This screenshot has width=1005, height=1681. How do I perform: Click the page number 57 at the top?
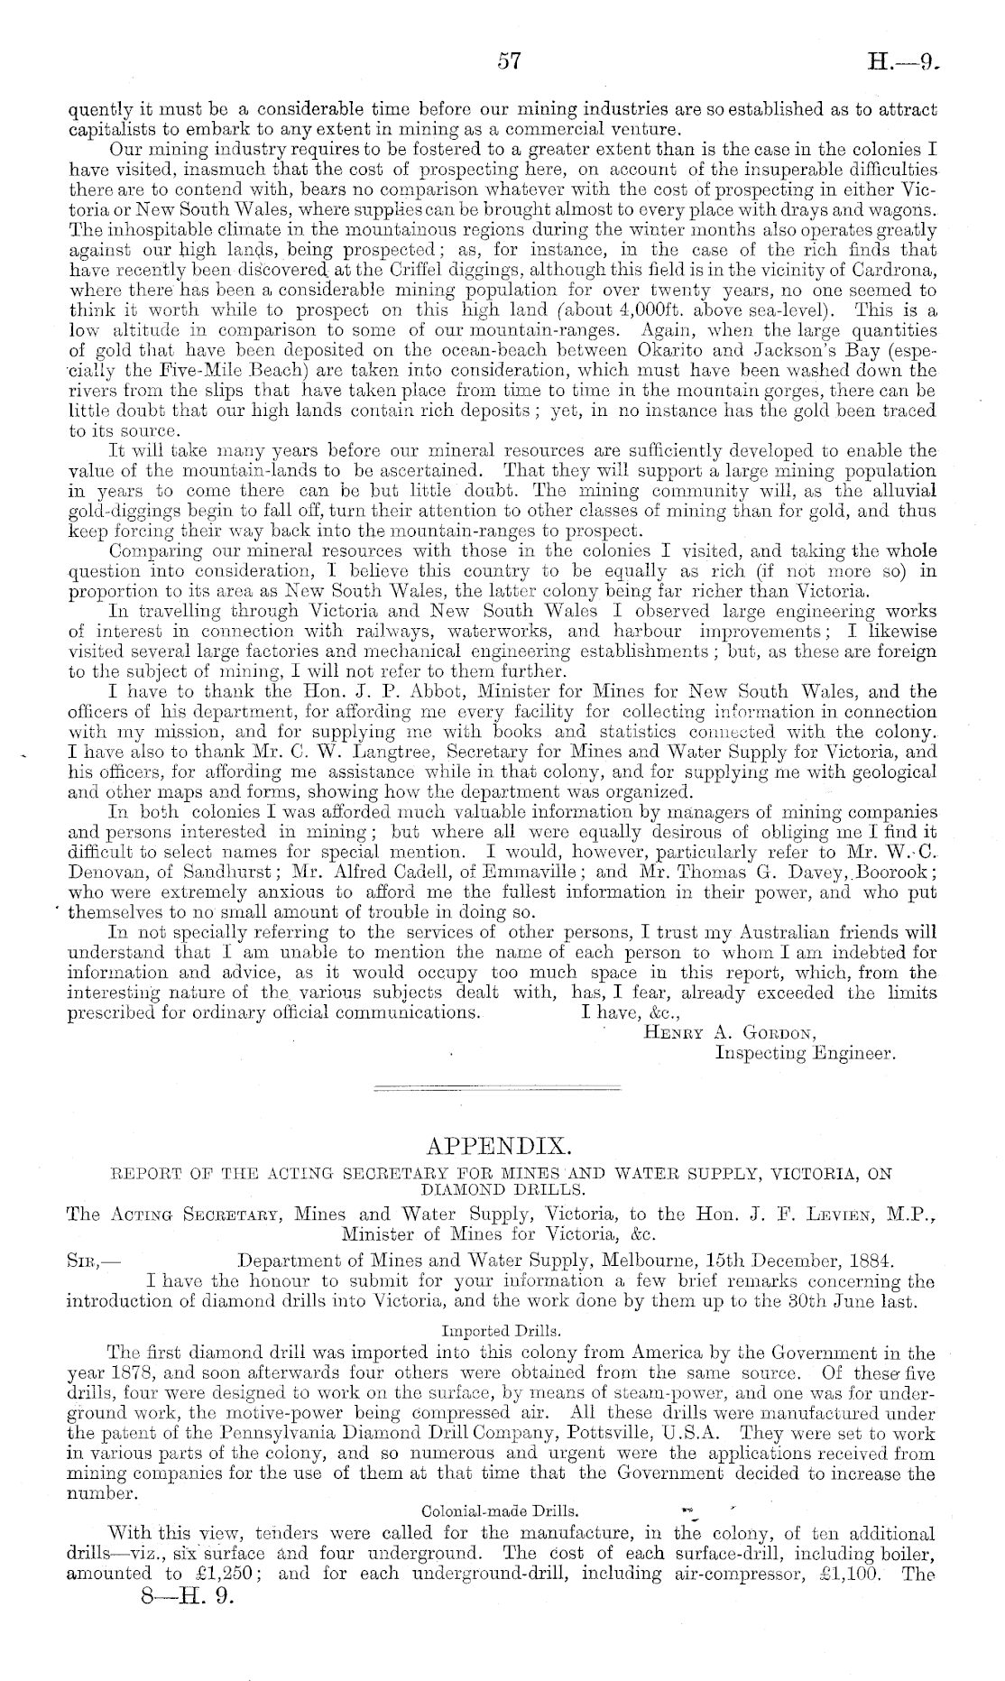[x=510, y=60]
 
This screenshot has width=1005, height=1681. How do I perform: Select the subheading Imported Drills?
[x=502, y=1329]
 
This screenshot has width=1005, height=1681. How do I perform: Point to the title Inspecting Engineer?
[x=804, y=1052]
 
